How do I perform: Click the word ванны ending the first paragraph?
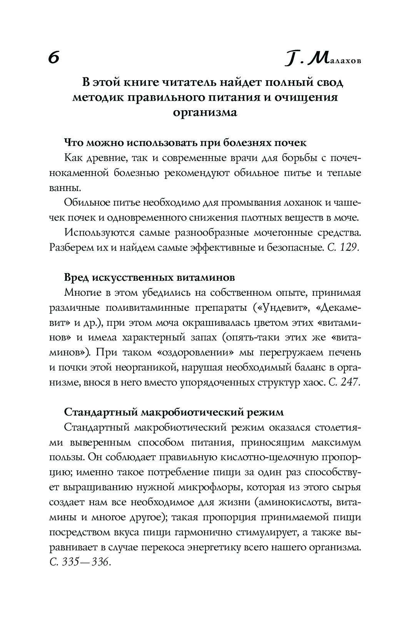tap(65, 188)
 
